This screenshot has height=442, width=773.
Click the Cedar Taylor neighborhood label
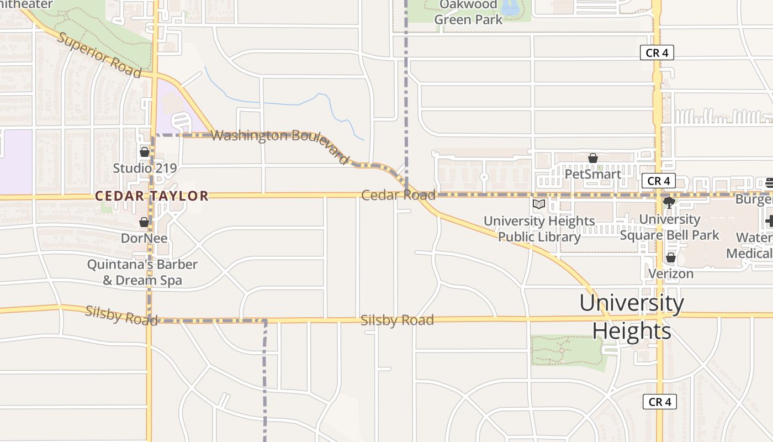click(x=152, y=196)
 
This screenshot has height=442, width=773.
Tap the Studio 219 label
click(x=145, y=168)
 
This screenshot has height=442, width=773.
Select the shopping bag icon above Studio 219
click(x=145, y=151)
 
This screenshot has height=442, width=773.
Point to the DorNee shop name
click(x=144, y=238)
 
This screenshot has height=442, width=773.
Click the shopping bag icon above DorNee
click(x=144, y=222)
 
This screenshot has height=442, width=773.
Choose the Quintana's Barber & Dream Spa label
click(x=142, y=272)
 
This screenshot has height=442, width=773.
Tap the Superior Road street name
click(x=99, y=55)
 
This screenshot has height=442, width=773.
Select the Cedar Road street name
click(x=398, y=195)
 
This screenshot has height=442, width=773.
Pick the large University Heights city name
click(x=632, y=317)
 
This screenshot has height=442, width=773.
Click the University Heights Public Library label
click(x=539, y=229)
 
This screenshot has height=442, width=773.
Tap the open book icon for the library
click(x=539, y=204)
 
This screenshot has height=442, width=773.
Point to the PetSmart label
click(x=593, y=174)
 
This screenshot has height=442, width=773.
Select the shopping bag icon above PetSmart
click(x=593, y=159)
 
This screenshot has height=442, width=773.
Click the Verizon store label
click(x=671, y=273)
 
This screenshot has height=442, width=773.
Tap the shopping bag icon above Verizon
click(x=671, y=257)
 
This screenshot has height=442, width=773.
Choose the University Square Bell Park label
click(x=670, y=227)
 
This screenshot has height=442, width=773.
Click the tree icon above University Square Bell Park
click(x=669, y=203)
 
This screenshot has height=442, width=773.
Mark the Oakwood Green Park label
click(x=468, y=12)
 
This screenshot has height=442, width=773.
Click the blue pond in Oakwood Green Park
click(x=510, y=7)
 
